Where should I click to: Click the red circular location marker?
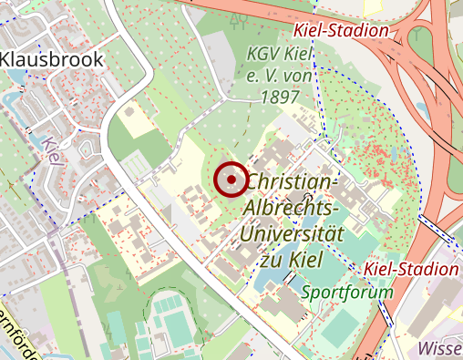click(x=231, y=180)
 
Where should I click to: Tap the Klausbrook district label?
click(x=53, y=59)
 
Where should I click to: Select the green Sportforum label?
click(x=346, y=293)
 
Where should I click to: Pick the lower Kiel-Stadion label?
click(x=411, y=269)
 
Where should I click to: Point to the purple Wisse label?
click(x=439, y=348)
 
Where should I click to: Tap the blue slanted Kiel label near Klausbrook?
click(x=52, y=152)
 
